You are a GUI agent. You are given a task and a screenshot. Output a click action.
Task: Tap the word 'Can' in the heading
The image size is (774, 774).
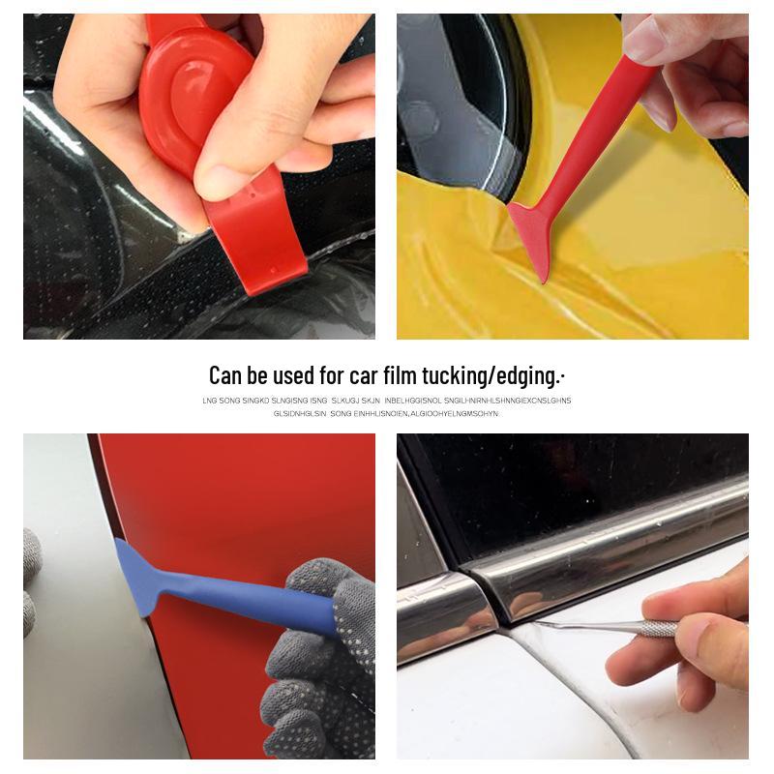[x=227, y=375]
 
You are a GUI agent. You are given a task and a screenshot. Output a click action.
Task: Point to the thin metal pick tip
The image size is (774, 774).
[x=561, y=624]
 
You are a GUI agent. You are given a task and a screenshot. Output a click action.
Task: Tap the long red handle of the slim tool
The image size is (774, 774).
[x=600, y=126]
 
